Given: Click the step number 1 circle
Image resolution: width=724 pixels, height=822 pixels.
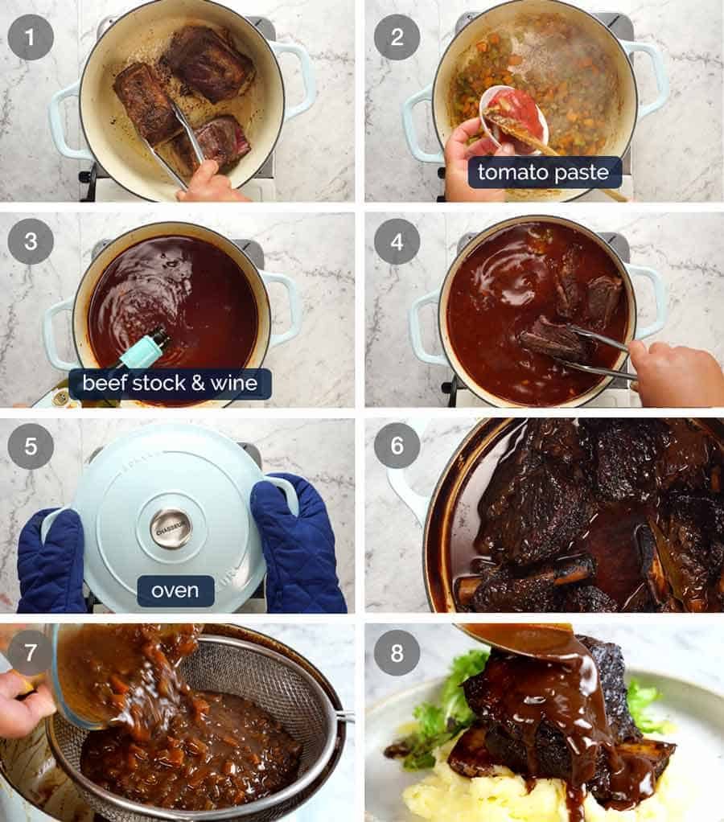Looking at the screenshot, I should tap(31, 37).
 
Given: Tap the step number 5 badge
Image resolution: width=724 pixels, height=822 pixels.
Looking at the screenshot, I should tap(31, 446).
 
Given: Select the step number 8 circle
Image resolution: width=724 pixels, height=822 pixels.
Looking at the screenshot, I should tap(397, 652).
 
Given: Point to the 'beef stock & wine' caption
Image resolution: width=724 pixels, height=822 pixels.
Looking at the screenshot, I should tap(170, 384).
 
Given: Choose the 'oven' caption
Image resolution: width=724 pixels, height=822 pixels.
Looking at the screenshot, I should tap(175, 590).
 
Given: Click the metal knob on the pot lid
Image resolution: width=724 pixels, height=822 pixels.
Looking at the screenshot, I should tap(171, 528).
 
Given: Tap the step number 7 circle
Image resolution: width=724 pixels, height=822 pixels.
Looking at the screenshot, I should tap(31, 652).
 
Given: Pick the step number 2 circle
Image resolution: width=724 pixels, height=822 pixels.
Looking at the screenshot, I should tap(397, 37).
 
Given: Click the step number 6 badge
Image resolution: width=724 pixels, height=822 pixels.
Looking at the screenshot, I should tap(397, 446).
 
